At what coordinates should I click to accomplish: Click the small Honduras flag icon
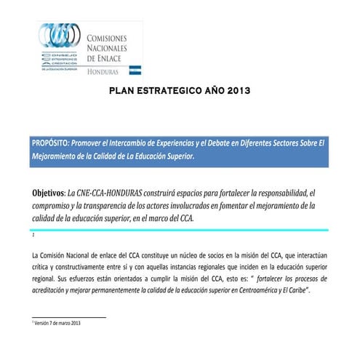tap(135, 71)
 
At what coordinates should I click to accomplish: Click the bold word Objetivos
tap(47, 193)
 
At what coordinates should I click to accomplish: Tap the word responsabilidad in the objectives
tap(263, 193)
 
